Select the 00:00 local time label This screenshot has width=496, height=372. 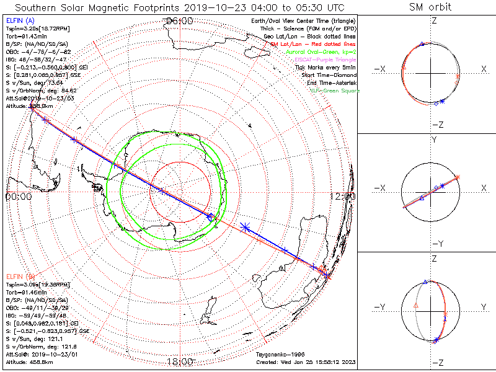coord(17,196)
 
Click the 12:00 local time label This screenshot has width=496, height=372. coord(342,196)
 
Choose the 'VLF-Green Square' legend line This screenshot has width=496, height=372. coord(335,91)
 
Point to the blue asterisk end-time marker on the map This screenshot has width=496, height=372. coord(246,228)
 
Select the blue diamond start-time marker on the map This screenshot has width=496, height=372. coord(210,216)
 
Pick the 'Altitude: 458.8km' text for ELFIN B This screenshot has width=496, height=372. coord(30,360)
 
